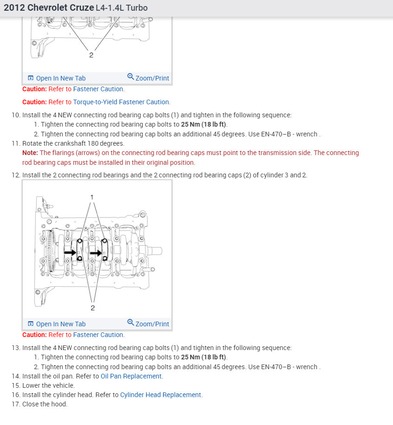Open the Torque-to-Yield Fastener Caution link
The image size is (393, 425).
point(121,102)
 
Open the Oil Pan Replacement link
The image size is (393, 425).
point(131,376)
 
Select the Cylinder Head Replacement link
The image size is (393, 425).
point(161,395)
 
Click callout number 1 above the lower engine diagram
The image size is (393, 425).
point(92,197)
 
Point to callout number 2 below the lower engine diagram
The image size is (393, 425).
point(92,308)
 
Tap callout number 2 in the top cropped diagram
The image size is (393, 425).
point(91,55)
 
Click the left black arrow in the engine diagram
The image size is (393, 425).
point(70,253)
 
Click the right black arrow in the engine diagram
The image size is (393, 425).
point(96,253)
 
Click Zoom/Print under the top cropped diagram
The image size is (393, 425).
point(148,78)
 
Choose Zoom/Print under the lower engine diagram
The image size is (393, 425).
point(148,324)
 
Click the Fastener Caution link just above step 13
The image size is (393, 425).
point(98,335)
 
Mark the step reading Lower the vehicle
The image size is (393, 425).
point(48,385)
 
